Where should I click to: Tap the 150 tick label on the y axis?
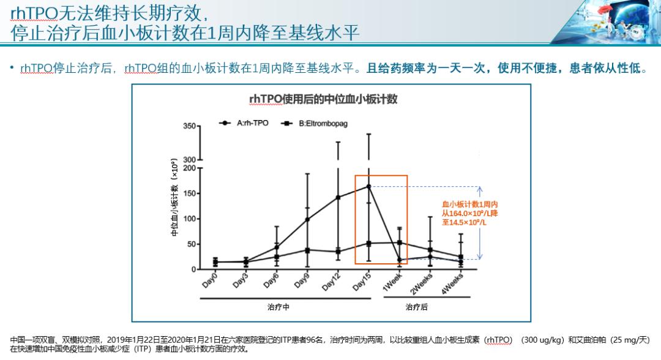pos(190,193)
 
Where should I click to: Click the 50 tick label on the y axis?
pos(192,244)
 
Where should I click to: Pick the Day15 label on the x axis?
pos(362,280)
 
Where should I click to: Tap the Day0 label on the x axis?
pos(211,280)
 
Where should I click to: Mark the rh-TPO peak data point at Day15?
pos(368,186)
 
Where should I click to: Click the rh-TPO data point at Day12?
pos(338,197)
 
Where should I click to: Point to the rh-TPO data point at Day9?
pos(307,219)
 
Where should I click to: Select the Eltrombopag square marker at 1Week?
pos(400,242)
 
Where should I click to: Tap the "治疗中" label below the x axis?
pos(278,307)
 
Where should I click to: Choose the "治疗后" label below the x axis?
pos(417,307)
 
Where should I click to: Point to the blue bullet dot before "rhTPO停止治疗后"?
pos(12,68)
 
